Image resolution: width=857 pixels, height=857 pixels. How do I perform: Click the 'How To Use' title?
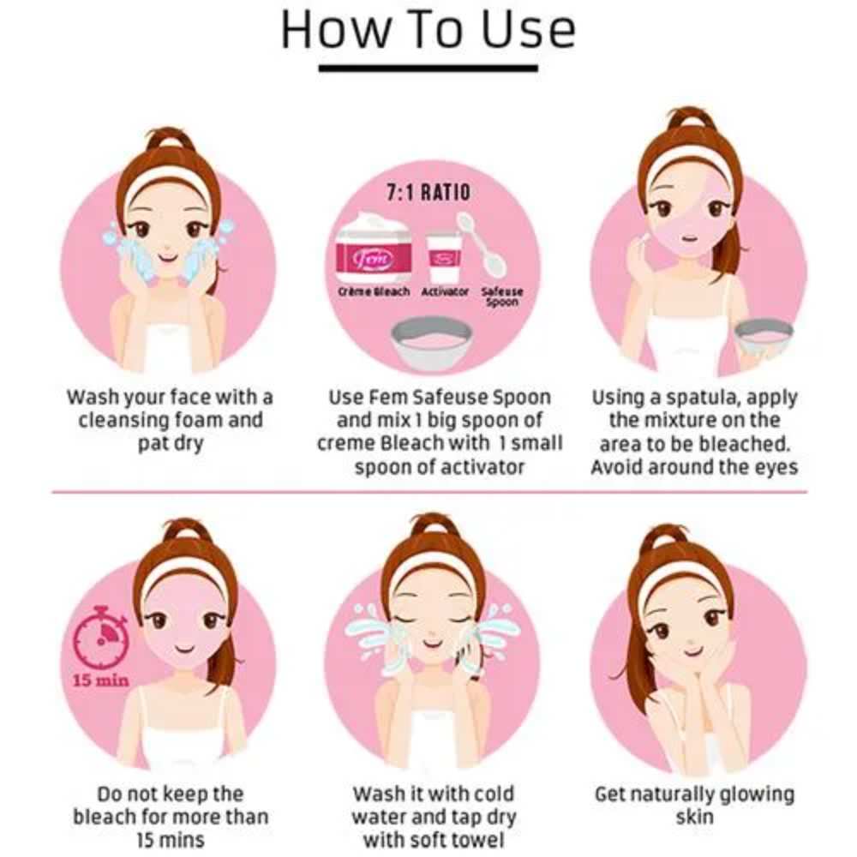point(428,29)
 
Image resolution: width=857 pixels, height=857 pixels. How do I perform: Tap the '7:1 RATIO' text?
point(428,192)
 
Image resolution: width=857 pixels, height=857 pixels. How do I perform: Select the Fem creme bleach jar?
point(375,249)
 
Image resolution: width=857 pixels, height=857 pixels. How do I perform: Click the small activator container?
point(443,258)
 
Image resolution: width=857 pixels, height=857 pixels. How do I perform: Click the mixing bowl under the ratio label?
point(432,344)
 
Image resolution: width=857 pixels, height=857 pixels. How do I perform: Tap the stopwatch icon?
point(101,638)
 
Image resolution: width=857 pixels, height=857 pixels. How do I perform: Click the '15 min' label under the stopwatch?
point(101,680)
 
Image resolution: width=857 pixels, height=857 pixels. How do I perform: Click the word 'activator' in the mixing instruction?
point(482,467)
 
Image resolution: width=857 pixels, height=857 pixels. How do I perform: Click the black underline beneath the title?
point(428,69)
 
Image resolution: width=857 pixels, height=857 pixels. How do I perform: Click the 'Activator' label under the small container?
point(444,292)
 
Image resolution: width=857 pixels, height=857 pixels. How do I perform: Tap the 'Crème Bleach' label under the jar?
point(374,292)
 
